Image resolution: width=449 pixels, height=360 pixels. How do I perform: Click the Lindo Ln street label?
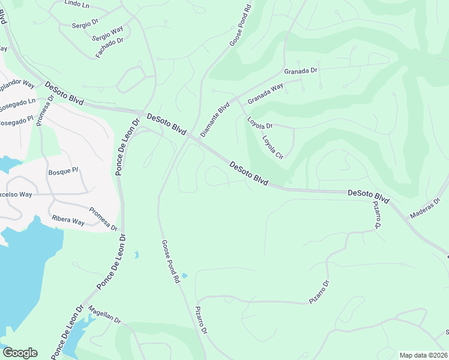click(76, 4)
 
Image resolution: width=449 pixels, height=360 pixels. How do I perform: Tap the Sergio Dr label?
click(85, 23)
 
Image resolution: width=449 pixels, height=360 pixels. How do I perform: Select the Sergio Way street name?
click(107, 32)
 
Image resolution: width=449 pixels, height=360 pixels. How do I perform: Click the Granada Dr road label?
click(300, 71)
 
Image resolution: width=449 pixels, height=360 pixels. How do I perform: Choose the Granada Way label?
click(265, 94)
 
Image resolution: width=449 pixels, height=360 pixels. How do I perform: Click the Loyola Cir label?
click(272, 147)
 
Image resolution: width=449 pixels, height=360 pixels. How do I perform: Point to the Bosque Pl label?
click(63, 171)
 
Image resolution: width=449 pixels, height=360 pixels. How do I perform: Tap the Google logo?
click(20, 353)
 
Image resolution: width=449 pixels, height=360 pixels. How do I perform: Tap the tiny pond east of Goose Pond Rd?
click(184, 276)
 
